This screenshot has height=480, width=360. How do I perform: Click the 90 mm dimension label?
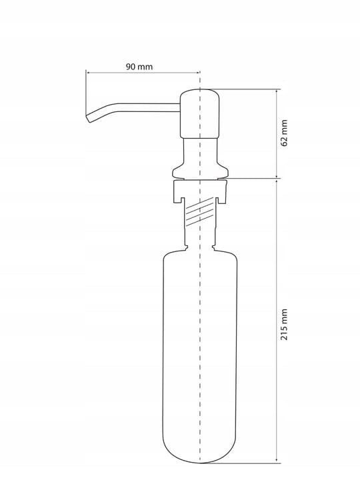click(x=139, y=67)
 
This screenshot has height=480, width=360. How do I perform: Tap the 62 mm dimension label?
click(x=284, y=133)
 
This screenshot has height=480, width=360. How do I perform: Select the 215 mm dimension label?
click(x=284, y=324)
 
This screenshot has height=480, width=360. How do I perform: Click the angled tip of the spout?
click(x=89, y=118)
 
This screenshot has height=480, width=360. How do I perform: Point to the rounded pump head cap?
click(x=200, y=113)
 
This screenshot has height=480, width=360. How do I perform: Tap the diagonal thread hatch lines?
click(x=199, y=212)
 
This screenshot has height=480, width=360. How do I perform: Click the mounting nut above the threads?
click(x=200, y=191)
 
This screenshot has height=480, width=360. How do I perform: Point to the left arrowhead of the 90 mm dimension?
click(x=87, y=73)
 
